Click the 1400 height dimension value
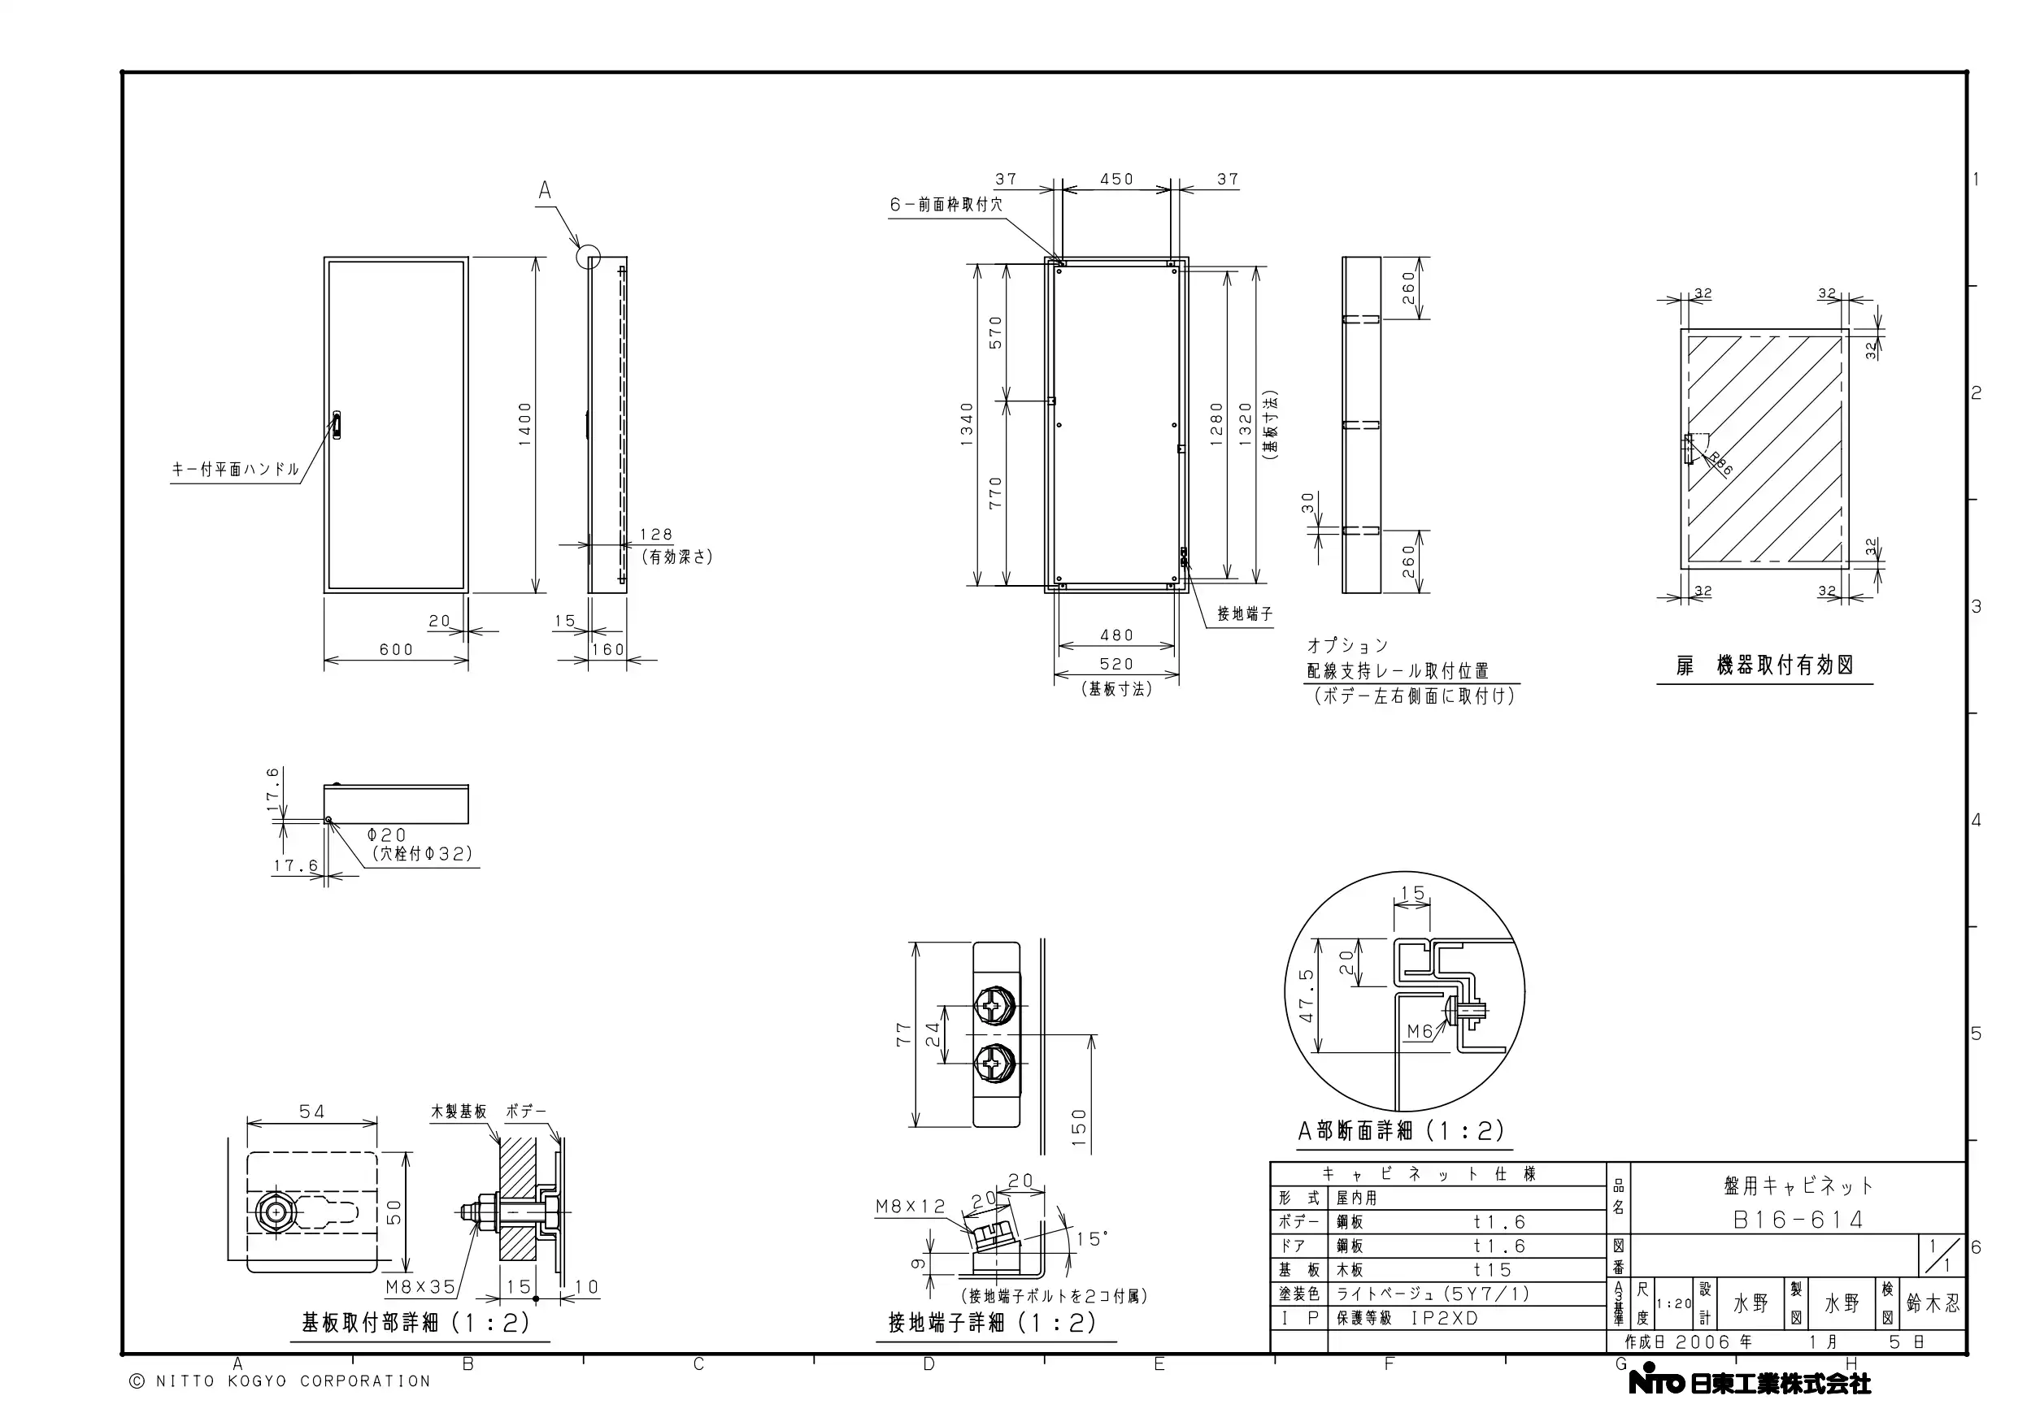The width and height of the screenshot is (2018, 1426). (x=524, y=424)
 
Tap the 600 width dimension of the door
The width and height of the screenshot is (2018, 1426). (x=397, y=649)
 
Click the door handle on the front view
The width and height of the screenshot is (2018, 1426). (x=337, y=424)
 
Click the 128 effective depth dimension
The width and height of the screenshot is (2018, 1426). (x=657, y=534)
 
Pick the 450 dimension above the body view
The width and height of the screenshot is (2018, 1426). (x=1117, y=180)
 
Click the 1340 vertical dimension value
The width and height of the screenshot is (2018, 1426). (x=968, y=424)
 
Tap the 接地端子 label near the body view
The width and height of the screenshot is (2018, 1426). (x=1245, y=614)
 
